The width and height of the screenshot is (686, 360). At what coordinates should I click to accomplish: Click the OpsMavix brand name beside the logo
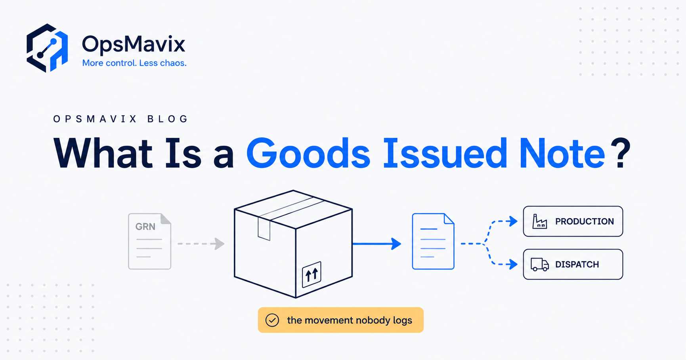(x=134, y=44)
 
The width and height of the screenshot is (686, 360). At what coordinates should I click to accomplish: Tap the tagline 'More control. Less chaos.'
(x=134, y=63)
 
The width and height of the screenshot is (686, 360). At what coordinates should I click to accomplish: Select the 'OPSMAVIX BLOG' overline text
(x=120, y=119)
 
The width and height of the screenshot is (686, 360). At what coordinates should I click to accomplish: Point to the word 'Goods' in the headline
(x=308, y=153)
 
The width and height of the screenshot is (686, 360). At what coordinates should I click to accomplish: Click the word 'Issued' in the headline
(x=445, y=153)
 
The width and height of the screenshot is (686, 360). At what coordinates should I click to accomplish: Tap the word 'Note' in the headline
(x=562, y=153)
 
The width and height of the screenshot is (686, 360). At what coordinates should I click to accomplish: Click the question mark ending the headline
(x=621, y=153)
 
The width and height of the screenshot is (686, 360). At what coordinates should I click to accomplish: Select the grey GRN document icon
(x=149, y=241)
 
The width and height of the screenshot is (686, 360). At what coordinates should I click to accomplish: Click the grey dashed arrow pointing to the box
(x=201, y=244)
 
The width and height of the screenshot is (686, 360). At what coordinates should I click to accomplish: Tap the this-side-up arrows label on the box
(x=311, y=274)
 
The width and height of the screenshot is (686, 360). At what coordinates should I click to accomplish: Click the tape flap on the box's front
(x=264, y=228)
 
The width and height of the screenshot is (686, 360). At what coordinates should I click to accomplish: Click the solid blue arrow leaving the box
(x=376, y=244)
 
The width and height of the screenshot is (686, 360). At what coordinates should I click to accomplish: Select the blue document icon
(x=433, y=241)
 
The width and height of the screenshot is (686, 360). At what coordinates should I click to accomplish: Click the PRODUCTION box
(x=573, y=221)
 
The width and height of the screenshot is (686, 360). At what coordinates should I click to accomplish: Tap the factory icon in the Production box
(x=539, y=221)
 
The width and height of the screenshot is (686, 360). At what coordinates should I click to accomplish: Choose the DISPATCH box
(x=573, y=264)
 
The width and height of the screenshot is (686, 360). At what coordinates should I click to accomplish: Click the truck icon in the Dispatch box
(x=540, y=265)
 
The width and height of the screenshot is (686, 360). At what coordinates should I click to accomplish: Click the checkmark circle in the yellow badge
(x=272, y=320)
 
